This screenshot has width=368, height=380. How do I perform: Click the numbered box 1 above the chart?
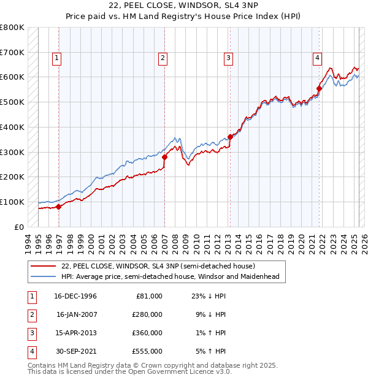coord(56,58)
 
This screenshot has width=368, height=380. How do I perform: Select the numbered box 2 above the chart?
coord(163,58)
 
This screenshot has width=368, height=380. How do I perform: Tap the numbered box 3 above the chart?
coord(228,58)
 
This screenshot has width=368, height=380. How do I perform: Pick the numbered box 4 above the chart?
coord(318,58)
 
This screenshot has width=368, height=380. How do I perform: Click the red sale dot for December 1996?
coord(59,207)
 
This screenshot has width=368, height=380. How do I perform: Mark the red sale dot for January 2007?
coord(164,157)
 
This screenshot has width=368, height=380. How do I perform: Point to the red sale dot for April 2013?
coord(230,137)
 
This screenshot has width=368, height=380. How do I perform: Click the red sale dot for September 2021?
coord(319,88)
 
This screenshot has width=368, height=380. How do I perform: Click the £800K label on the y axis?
coord(12,28)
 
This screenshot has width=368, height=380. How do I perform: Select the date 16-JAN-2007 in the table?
coord(76,314)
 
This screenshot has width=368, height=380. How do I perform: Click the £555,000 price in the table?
coord(147,351)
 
